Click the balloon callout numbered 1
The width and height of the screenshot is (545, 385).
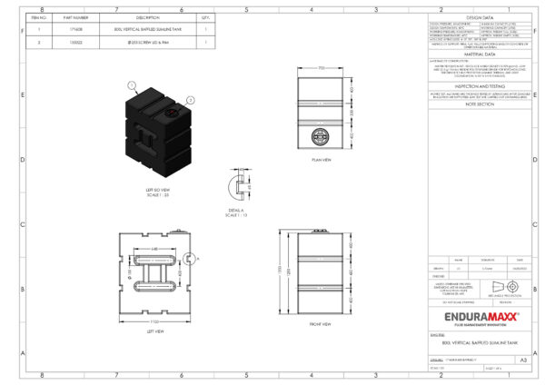pyautogui.click(x=132, y=84)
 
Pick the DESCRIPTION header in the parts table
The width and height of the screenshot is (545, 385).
pyautogui.click(x=147, y=17)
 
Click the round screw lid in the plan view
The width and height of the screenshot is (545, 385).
pyautogui.click(x=318, y=138)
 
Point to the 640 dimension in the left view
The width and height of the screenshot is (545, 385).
pyautogui.click(x=156, y=249)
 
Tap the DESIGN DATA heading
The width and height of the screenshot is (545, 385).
pyautogui.click(x=479, y=17)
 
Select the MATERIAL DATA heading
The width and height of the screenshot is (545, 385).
pyautogui.click(x=479, y=54)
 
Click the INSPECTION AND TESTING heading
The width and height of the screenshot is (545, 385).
pyautogui.click(x=479, y=85)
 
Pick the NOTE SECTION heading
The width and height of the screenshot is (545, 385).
pyautogui.click(x=479, y=104)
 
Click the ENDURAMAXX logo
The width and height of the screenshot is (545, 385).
pyautogui.click(x=481, y=317)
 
